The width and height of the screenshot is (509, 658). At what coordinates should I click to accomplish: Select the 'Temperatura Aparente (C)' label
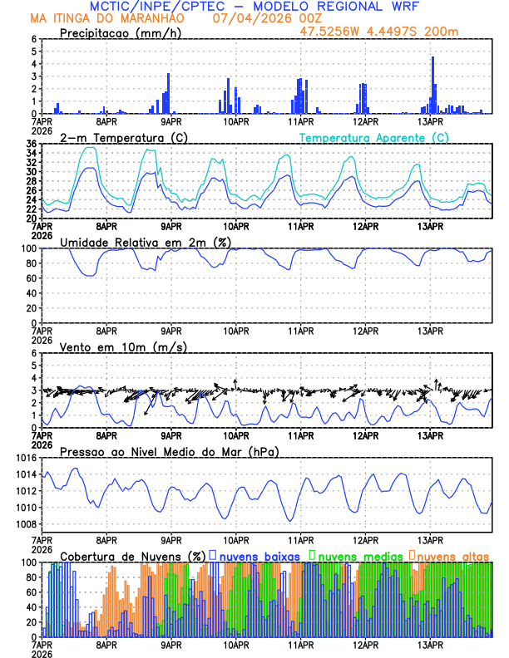[373, 137]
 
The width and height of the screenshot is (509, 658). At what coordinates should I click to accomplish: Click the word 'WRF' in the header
[413, 7]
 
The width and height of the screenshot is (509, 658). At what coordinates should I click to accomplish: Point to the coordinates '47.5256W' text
[329, 32]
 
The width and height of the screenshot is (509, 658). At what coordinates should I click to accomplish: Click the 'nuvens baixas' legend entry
[257, 555]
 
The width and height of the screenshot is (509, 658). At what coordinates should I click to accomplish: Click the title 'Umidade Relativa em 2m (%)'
[145, 242]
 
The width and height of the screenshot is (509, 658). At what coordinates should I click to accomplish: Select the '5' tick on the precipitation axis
[34, 52]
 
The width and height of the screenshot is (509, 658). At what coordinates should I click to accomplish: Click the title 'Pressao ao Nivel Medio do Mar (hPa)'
[169, 451]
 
